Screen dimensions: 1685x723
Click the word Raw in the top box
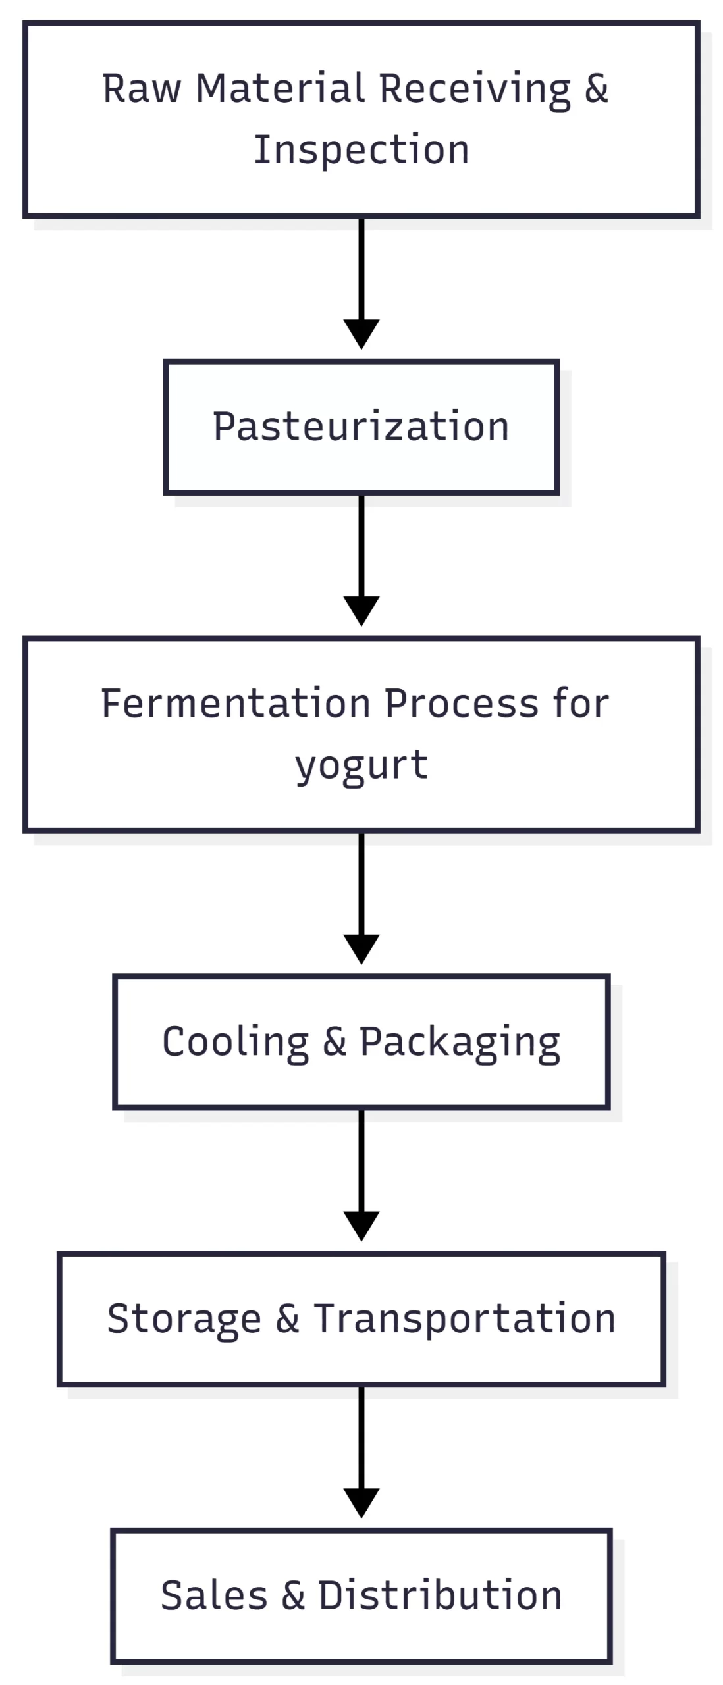[141, 89]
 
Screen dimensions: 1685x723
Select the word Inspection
[361, 150]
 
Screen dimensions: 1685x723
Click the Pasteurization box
[361, 427]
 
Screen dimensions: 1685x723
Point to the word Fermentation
[236, 703]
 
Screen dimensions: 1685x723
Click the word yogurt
[361, 765]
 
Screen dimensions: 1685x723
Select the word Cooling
[235, 1042]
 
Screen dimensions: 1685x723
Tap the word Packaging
[459, 1043]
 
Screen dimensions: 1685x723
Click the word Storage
[184, 1319]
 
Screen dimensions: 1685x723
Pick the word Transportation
[464, 1318]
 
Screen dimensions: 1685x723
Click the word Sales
[213, 1595]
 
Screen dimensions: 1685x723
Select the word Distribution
[440, 1595]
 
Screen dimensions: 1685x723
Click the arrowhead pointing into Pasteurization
[361, 333]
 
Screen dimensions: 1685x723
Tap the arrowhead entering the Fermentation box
[361, 610]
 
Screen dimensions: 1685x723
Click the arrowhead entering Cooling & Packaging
[361, 948]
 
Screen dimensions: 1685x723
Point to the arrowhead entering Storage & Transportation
[361, 1226]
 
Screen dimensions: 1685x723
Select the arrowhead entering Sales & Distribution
[361, 1503]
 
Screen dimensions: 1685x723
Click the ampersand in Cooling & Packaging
[335, 1042]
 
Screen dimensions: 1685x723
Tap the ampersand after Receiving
[595, 89]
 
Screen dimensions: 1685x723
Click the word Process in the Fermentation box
[461, 703]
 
